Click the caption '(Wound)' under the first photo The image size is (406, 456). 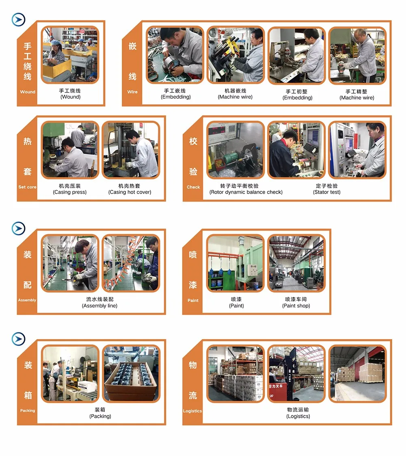click(70, 97)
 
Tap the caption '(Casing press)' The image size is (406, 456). click(69, 192)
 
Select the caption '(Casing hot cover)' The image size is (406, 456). click(130, 192)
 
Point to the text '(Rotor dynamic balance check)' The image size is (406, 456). click(246, 192)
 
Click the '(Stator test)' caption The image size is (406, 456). click(326, 192)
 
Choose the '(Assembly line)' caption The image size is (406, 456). click(99, 305)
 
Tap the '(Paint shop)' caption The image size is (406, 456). click(296, 305)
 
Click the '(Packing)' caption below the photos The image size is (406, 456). click(100, 416)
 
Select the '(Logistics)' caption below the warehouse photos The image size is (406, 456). click(298, 416)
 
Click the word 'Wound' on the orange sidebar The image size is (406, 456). click(28, 92)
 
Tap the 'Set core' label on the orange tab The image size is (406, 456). click(27, 187)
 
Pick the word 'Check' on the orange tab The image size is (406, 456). click(193, 187)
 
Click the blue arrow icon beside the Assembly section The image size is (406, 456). click(18, 228)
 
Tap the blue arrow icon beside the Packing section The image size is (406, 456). click(18, 339)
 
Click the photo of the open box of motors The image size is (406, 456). click(131, 374)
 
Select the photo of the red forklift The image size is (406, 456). click(296, 374)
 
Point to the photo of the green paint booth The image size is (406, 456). click(235, 263)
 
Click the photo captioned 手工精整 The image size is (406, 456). click(357, 55)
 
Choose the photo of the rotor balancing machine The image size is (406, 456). click(235, 150)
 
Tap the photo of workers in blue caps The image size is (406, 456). click(70, 55)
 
